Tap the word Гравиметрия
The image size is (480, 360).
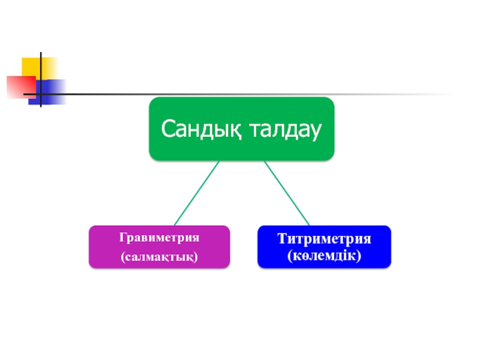[x=159, y=238]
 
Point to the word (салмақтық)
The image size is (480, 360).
[x=159, y=257]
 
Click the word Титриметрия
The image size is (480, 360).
[x=324, y=239]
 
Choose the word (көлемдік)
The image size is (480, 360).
[x=324, y=256]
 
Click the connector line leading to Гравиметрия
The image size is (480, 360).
[x=197, y=193]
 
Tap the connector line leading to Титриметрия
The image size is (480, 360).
[x=286, y=193]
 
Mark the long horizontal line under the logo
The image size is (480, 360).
[x=240, y=94]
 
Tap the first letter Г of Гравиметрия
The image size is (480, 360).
[x=123, y=238]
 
